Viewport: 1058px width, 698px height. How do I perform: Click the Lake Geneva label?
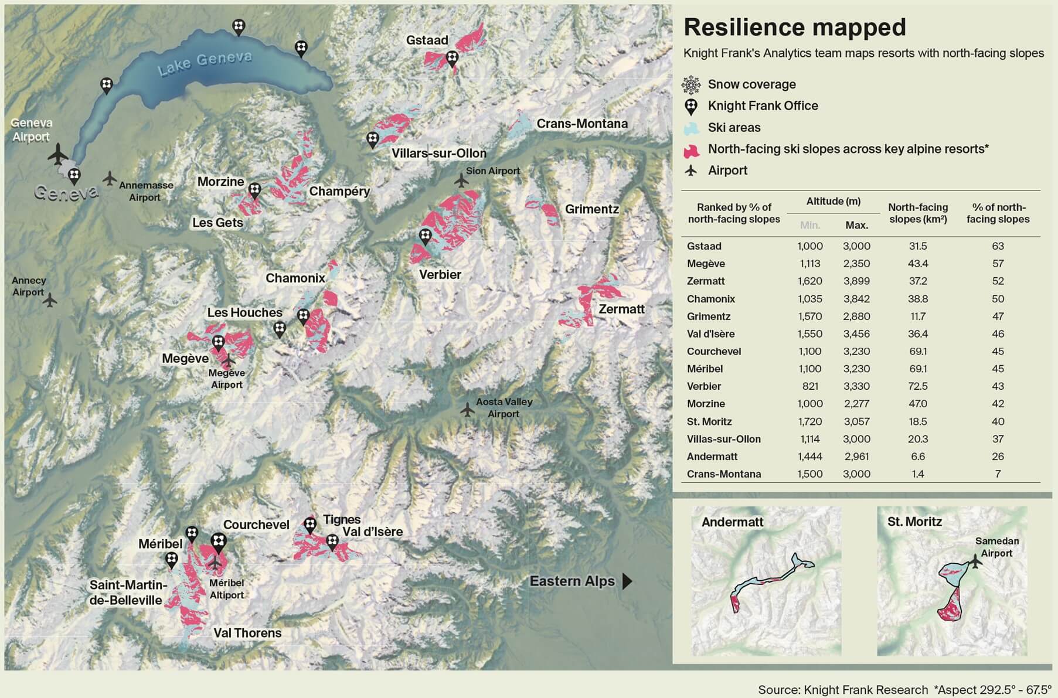pos(205,63)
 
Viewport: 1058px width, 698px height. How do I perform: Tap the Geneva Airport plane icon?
pos(57,155)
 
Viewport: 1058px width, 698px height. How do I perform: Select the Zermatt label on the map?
pos(621,309)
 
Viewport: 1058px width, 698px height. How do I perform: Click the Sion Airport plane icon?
pos(462,180)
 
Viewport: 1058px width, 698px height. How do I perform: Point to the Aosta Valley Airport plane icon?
pos(467,409)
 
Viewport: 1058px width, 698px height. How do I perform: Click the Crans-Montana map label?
pos(582,124)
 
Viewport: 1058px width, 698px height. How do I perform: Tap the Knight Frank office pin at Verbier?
pos(426,237)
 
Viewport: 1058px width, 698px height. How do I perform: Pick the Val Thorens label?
pos(247,633)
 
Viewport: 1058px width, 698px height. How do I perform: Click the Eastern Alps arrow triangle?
pos(627,581)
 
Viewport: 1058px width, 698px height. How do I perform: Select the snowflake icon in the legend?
pos(691,85)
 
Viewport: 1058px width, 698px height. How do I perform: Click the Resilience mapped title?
pos(795,28)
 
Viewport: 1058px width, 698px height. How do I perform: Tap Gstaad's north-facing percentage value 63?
pos(998,246)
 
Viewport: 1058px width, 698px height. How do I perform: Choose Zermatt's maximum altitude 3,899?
pos(856,281)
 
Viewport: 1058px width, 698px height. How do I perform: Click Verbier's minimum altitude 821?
pos(809,386)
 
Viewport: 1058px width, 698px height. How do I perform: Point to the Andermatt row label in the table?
pos(713,457)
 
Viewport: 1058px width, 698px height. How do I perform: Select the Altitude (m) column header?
pos(833,202)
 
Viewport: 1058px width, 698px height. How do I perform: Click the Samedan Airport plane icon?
pos(975,561)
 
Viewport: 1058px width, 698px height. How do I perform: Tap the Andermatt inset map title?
pos(732,522)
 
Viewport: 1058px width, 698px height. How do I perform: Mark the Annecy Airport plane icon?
pos(50,300)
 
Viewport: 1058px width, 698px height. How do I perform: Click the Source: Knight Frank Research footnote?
pos(843,690)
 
